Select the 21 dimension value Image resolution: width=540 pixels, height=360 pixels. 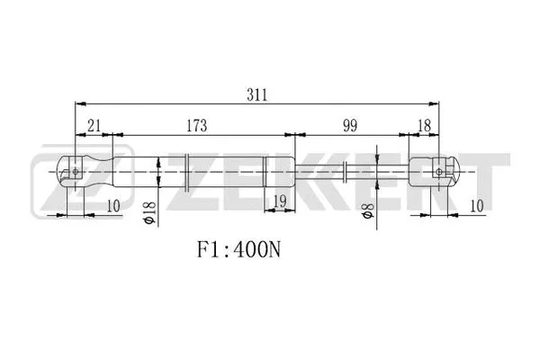pyautogui.click(x=93, y=127)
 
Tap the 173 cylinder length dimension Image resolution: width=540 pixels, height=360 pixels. pyautogui.click(x=199, y=127)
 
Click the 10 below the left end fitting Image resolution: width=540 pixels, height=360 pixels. pyautogui.click(x=112, y=205)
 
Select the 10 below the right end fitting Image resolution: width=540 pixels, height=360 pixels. pyautogui.click(x=476, y=205)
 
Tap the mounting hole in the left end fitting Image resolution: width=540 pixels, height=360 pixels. pyautogui.click(x=76, y=172)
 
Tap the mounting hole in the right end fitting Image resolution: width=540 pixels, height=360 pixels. pyautogui.click(x=441, y=170)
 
